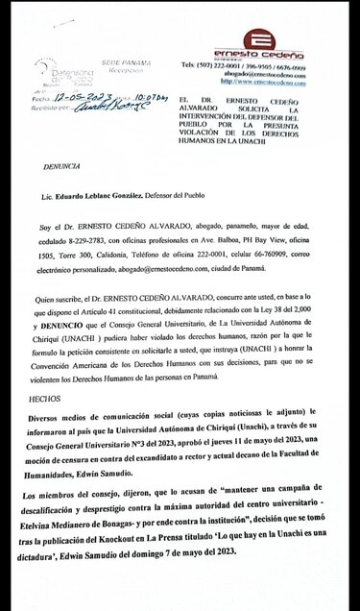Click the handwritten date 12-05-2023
tap(85, 97)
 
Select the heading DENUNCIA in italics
tap(61, 165)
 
